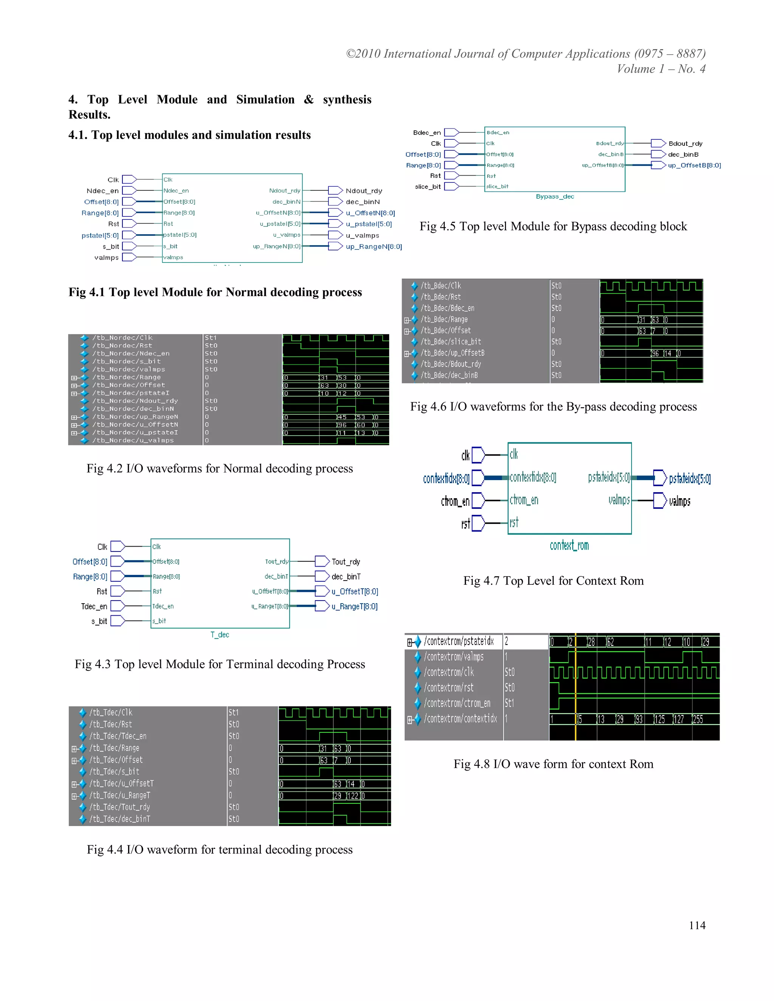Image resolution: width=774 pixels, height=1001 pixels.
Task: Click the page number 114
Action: pos(697,925)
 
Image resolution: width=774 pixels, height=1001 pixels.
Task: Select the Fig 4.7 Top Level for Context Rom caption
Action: pos(553,581)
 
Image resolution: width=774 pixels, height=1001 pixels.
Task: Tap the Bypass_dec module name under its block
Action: pos(555,197)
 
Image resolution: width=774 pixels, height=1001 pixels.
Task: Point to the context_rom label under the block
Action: pos(569,545)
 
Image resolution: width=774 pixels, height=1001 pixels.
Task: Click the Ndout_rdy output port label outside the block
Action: pos(364,191)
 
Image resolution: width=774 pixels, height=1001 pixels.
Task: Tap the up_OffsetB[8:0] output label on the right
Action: pos(694,165)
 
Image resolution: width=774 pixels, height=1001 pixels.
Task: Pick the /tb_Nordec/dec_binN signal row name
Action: pos(133,409)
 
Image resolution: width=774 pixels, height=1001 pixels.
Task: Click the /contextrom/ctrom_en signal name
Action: pos(457,703)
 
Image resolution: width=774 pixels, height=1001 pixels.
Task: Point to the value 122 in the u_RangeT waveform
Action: pos(353,796)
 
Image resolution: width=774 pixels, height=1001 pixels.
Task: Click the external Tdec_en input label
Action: pos(94,606)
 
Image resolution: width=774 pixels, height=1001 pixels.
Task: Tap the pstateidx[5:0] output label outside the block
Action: pos(690,479)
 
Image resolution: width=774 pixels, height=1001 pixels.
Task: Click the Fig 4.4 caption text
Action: pos(220,849)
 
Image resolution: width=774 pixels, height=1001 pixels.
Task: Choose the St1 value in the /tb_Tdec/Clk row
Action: pos(234,712)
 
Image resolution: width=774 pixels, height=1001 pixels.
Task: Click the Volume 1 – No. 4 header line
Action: pos(661,69)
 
